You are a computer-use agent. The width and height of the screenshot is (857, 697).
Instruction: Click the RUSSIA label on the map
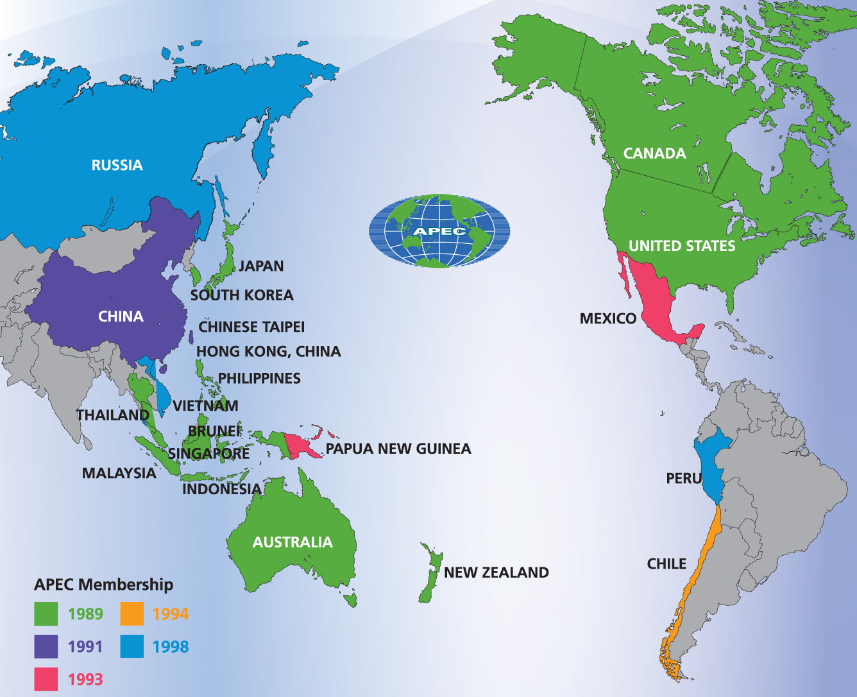pyautogui.click(x=117, y=165)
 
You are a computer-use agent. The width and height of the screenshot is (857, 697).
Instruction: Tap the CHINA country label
pyautogui.click(x=121, y=316)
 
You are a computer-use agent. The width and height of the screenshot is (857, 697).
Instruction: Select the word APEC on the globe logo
pyautogui.click(x=439, y=231)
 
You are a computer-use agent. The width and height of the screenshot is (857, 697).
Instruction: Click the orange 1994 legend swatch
pyautogui.click(x=132, y=614)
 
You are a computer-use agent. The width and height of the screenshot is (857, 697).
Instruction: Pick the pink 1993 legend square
pyautogui.click(x=46, y=679)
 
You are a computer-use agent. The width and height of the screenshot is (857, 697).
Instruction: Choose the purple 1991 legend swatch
pyautogui.click(x=46, y=646)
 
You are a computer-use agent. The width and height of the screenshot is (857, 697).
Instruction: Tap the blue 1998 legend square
pyautogui.click(x=132, y=646)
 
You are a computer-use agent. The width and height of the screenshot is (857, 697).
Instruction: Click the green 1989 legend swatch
pyautogui.click(x=46, y=614)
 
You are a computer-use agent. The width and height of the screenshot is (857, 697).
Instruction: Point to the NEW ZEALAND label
pyautogui.click(x=496, y=572)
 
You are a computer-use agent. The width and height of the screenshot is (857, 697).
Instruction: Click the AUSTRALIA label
pyautogui.click(x=293, y=542)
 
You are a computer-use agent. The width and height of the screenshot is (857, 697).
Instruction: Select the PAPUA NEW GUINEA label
pyautogui.click(x=398, y=449)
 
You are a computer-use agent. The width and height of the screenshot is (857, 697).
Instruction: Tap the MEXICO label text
pyautogui.click(x=607, y=318)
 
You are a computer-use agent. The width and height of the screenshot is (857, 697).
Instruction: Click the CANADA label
pyautogui.click(x=654, y=153)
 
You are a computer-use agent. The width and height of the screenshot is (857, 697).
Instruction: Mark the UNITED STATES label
pyautogui.click(x=681, y=246)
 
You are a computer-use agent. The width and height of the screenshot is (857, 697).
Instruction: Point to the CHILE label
pyautogui.click(x=666, y=564)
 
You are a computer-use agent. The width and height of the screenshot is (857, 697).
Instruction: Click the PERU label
pyautogui.click(x=684, y=478)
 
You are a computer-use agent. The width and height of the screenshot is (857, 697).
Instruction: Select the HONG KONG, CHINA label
pyautogui.click(x=268, y=352)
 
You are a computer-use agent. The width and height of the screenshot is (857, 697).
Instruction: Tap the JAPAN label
pyautogui.click(x=260, y=266)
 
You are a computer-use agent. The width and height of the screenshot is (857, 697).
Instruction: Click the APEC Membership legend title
pyautogui.click(x=103, y=585)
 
